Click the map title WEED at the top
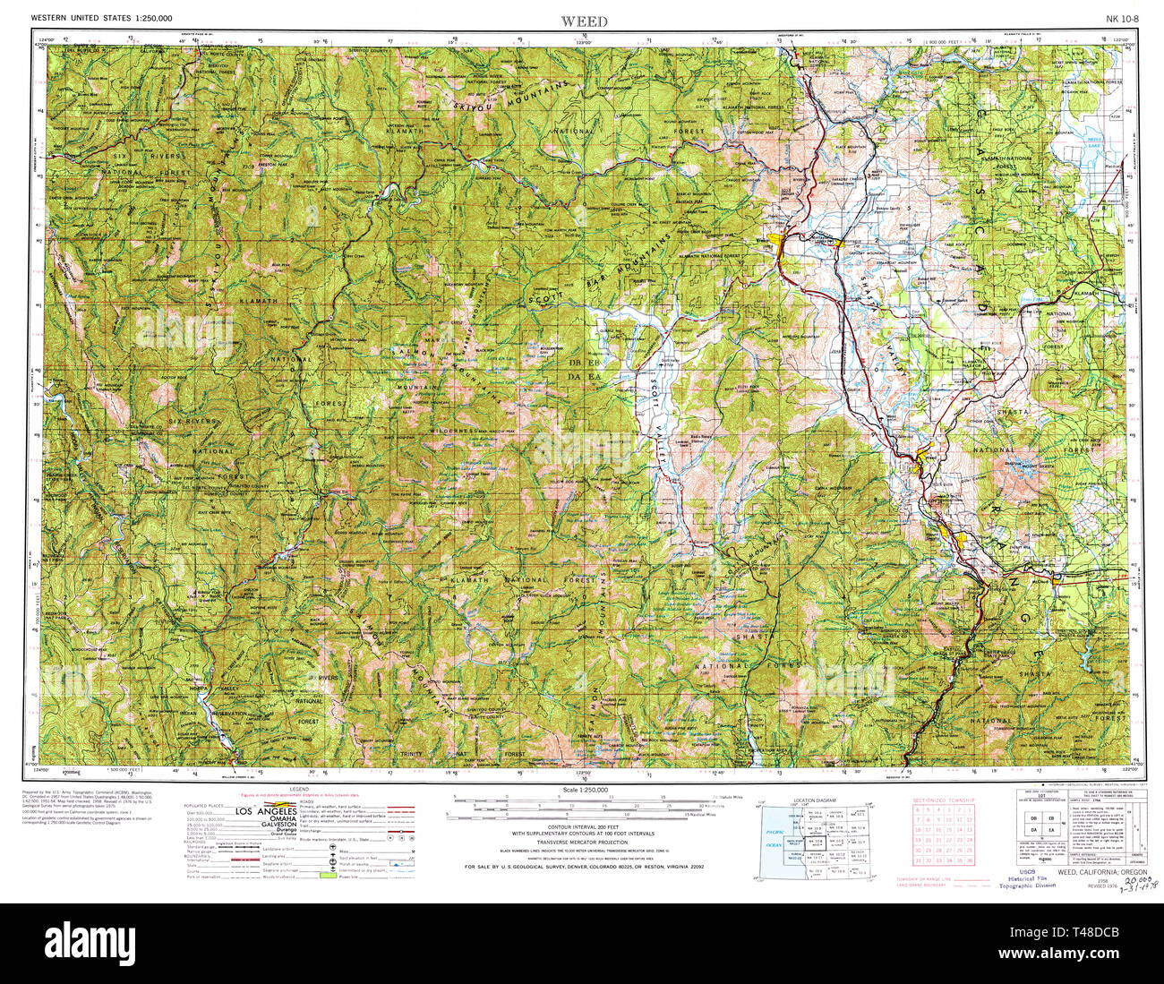point(584,21)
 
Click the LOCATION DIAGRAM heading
point(814,800)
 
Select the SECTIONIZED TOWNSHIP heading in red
point(944,800)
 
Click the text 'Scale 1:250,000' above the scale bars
point(584,790)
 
